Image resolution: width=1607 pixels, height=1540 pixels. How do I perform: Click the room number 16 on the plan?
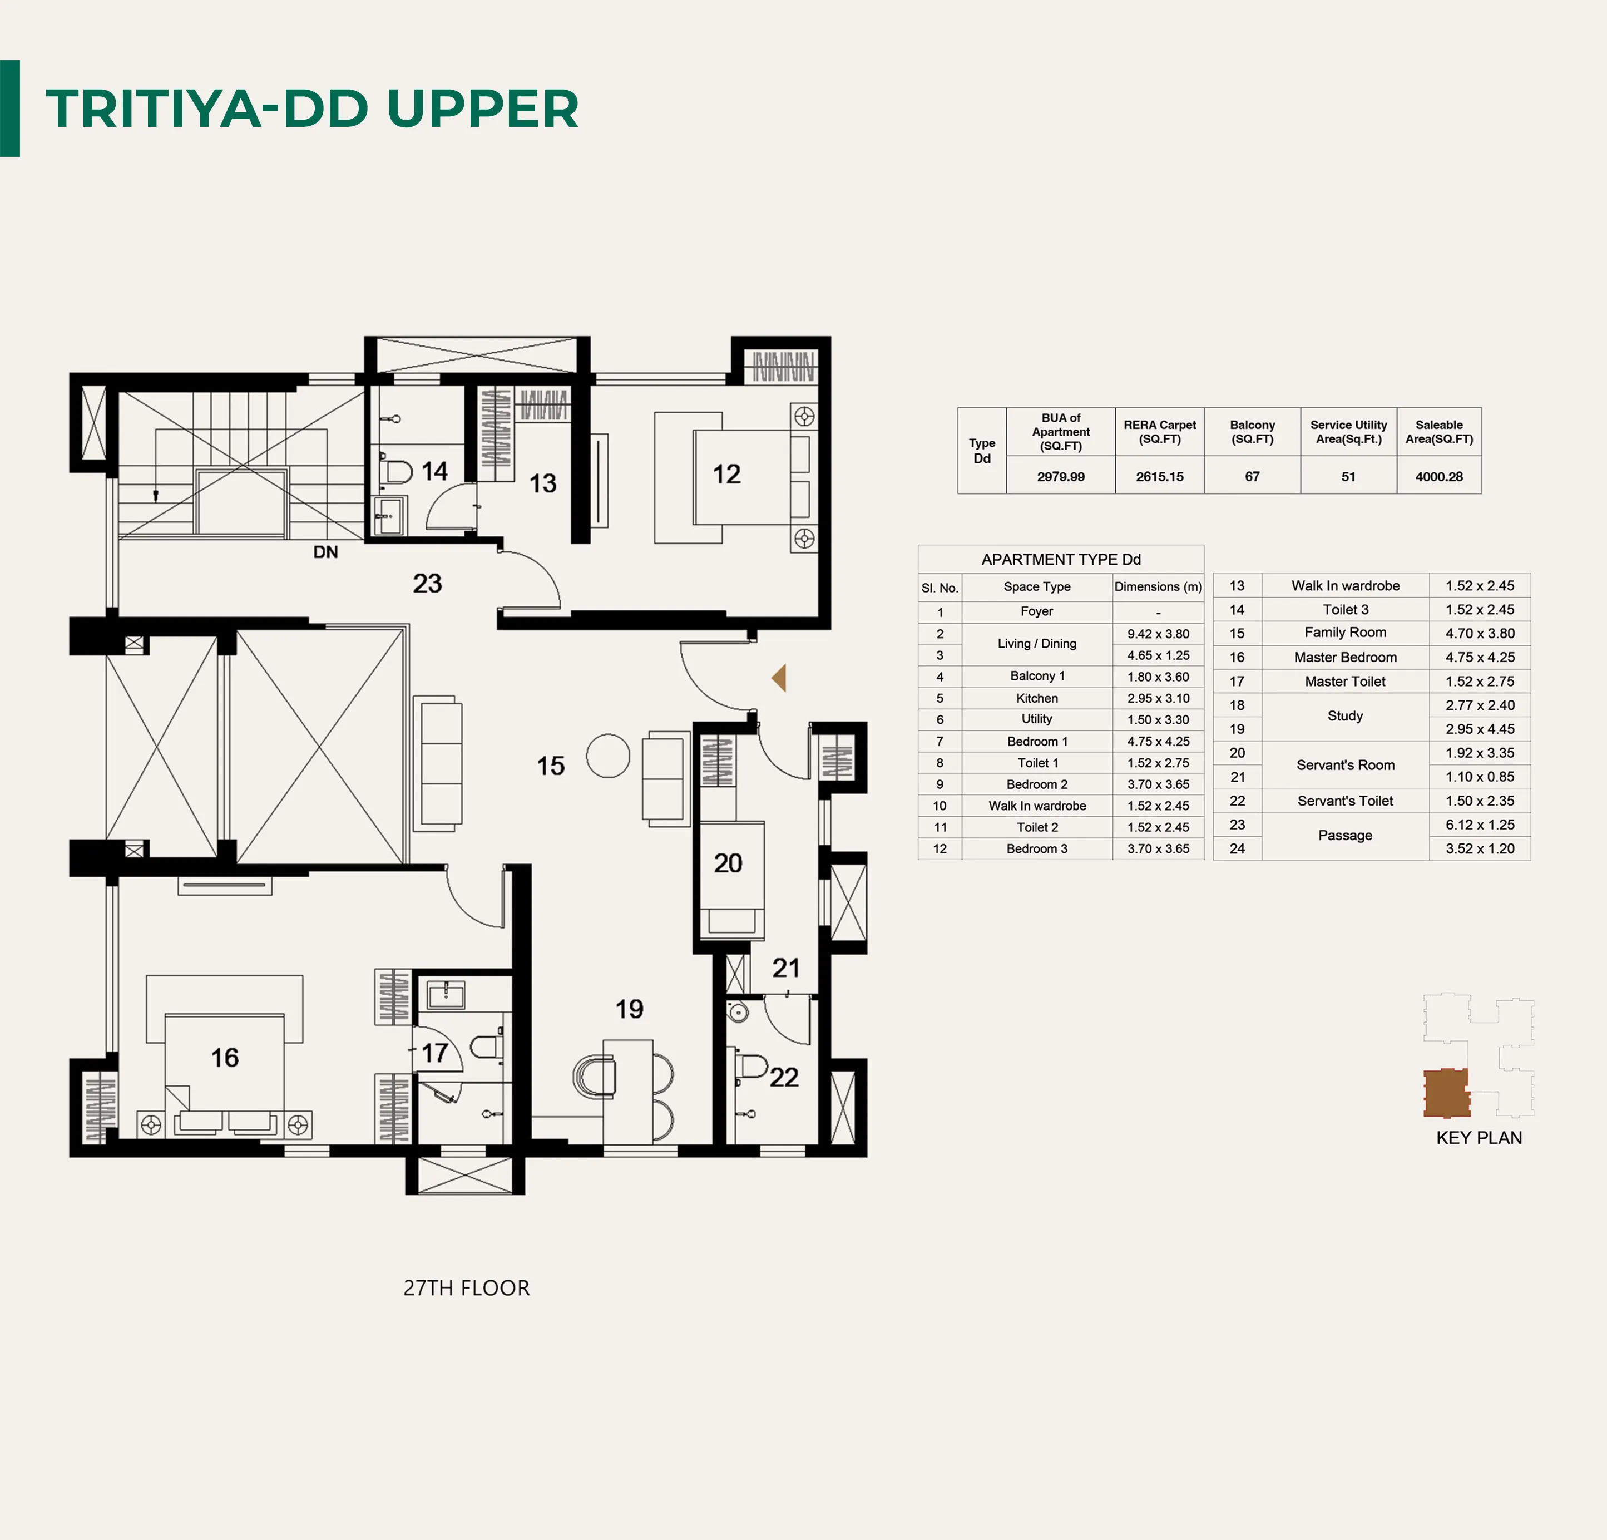pyautogui.click(x=225, y=1058)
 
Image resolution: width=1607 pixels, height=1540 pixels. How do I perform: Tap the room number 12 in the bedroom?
pyautogui.click(x=726, y=474)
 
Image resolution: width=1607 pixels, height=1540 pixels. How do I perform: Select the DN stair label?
pyautogui.click(x=325, y=552)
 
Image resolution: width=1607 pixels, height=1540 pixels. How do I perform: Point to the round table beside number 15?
pyautogui.click(x=609, y=755)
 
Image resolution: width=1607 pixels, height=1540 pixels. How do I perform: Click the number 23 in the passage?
pyautogui.click(x=427, y=583)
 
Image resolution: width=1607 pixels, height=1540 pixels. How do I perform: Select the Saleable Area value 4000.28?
pyautogui.click(x=1439, y=476)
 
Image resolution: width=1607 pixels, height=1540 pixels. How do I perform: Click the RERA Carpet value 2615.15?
pyautogui.click(x=1159, y=476)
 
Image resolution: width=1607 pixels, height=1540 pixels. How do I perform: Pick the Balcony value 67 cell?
pyautogui.click(x=1252, y=476)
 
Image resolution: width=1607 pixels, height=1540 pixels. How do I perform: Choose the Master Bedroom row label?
pyautogui.click(x=1346, y=658)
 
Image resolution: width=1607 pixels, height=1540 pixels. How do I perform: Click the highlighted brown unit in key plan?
pyautogui.click(x=1446, y=1093)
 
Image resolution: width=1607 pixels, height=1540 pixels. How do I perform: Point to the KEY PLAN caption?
pyautogui.click(x=1479, y=1138)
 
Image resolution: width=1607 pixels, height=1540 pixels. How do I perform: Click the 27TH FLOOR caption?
pyautogui.click(x=467, y=1289)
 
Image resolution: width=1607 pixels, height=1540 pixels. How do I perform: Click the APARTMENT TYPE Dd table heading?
pyautogui.click(x=1061, y=559)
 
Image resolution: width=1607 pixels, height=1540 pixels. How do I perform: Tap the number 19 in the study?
pyautogui.click(x=630, y=1009)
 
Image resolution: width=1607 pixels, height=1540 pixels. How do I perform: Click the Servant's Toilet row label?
pyautogui.click(x=1346, y=801)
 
